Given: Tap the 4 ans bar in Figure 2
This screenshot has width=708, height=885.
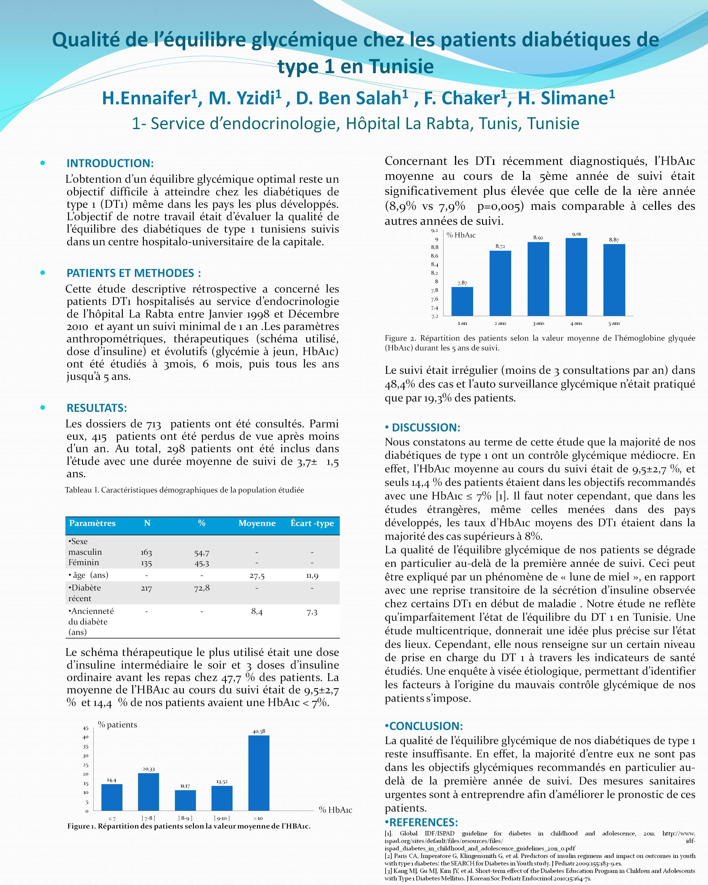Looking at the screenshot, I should pos(576,277).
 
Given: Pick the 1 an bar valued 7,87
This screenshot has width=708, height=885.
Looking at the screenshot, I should pos(462,301).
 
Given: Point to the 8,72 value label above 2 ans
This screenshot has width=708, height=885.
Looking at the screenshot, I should pos(500,246).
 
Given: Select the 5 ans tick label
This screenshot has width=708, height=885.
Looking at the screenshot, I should pos(614,323).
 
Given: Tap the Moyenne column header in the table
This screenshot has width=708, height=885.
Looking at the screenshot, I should pos(257,523).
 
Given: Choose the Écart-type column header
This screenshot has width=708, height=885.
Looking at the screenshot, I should pos(312,523).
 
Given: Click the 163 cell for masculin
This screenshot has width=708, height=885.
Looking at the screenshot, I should pos(146,552).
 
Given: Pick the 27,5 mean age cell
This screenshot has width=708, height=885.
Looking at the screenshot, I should pos(257,576).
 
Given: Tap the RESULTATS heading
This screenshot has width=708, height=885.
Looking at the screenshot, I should pos(97,408).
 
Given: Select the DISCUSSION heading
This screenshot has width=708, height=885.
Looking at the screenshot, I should pos(426,427).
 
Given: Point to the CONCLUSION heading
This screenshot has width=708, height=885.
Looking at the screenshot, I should pos(426,726).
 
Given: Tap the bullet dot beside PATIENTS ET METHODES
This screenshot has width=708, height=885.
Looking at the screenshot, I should pos(43,273).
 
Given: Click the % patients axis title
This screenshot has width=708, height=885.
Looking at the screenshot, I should pos(117,725).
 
